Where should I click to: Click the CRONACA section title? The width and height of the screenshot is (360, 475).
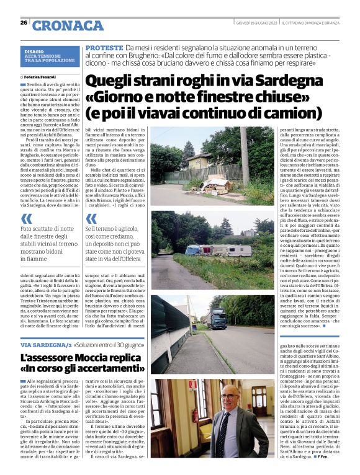68,25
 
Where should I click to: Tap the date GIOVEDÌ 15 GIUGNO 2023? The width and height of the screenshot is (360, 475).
255,23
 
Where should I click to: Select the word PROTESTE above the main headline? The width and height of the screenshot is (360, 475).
104,48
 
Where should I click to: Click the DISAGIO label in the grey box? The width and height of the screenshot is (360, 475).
35,53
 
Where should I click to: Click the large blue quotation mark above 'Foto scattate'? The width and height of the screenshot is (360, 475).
27,218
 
